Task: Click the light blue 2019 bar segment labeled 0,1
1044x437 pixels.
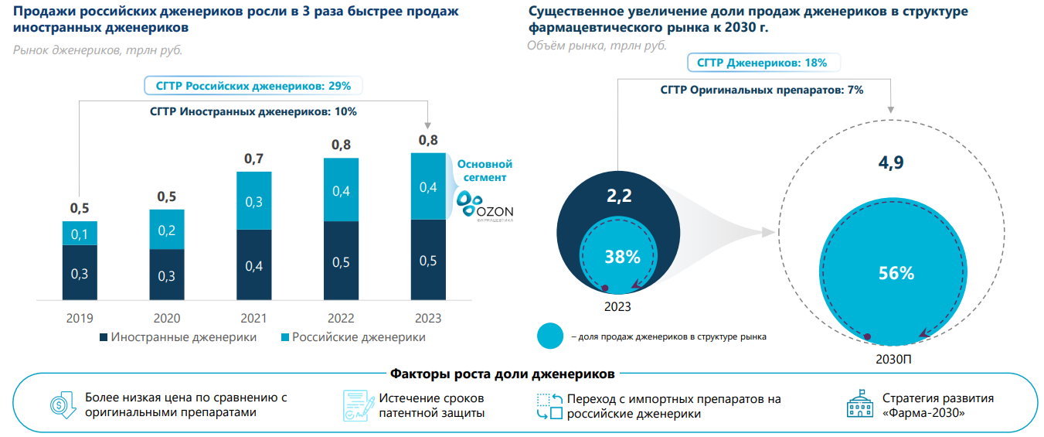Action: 80,234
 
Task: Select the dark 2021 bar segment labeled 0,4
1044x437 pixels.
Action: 254,265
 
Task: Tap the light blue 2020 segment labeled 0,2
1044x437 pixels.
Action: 167,230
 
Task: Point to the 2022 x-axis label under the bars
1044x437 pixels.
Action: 341,319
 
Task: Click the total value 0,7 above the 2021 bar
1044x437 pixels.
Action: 253,159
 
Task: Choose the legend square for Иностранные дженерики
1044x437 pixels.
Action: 103,338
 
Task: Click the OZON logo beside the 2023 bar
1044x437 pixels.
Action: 485,205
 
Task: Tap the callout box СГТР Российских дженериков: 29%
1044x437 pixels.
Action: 253,86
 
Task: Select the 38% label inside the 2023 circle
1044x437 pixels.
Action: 622,257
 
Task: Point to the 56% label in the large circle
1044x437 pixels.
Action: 896,273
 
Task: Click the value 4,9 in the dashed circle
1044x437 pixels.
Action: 891,162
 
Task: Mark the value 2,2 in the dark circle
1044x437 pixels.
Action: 619,196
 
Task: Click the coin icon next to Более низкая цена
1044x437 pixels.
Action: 62,405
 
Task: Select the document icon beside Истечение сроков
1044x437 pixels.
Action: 355,405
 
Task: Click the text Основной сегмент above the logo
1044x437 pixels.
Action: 485,171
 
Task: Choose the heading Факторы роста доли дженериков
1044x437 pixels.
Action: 503,374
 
